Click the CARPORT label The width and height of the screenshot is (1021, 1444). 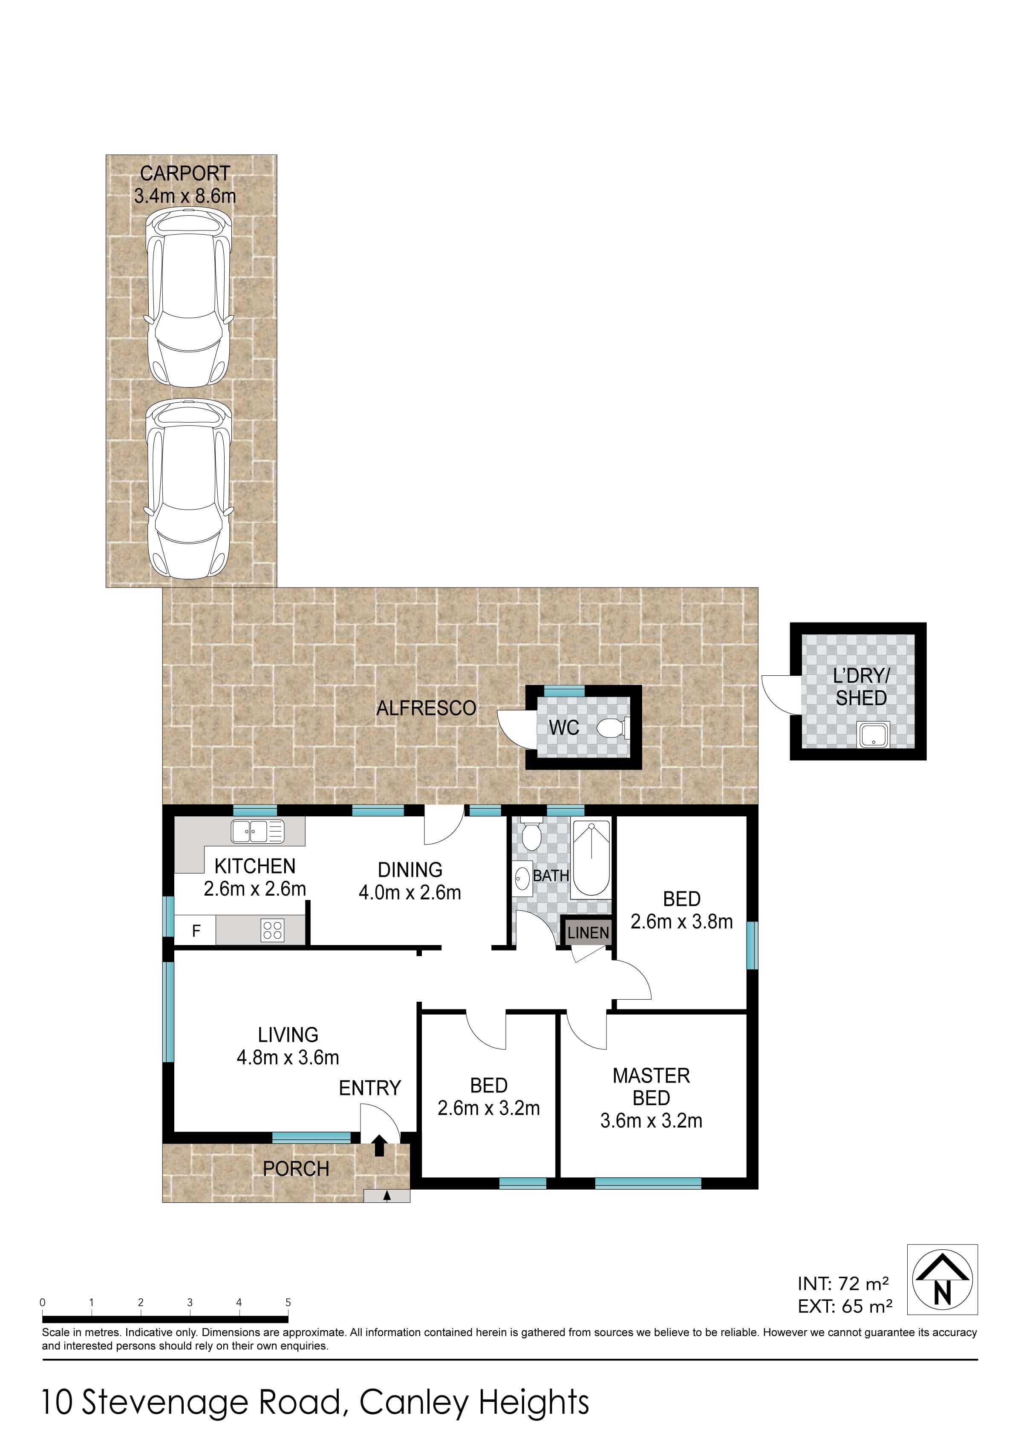tap(185, 173)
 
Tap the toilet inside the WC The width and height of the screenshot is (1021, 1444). tap(613, 728)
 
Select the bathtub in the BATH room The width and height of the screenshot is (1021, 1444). tap(591, 858)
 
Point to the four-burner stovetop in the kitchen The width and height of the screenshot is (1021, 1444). tap(272, 930)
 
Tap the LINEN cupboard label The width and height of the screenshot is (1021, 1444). tap(588, 933)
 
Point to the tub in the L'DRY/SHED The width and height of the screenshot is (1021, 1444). tap(874, 735)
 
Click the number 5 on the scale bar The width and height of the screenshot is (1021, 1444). tap(288, 1303)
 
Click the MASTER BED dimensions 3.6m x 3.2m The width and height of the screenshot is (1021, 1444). tap(651, 1120)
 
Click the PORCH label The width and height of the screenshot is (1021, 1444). tap(296, 1168)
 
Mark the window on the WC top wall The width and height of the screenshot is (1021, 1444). tap(564, 691)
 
